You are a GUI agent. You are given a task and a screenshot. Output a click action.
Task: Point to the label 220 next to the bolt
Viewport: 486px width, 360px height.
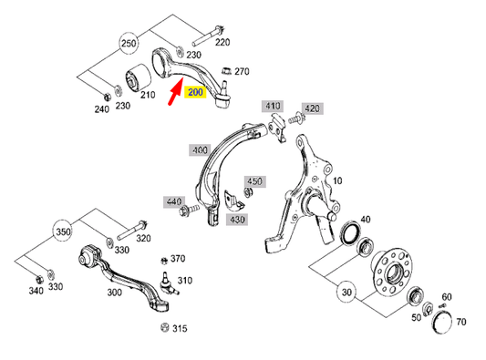click(222, 41)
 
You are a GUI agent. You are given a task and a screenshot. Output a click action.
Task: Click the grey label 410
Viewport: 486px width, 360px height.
click(274, 107)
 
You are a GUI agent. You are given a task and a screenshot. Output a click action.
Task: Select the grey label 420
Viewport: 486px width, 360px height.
click(312, 108)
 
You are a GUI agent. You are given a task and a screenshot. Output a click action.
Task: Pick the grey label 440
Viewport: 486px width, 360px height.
click(174, 201)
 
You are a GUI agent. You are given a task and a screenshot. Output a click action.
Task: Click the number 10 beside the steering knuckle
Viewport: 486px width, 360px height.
click(337, 180)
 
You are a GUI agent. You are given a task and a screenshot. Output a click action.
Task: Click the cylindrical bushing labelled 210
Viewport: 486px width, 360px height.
click(144, 81)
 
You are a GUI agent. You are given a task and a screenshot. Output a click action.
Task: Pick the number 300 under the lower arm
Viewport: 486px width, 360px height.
click(114, 293)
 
